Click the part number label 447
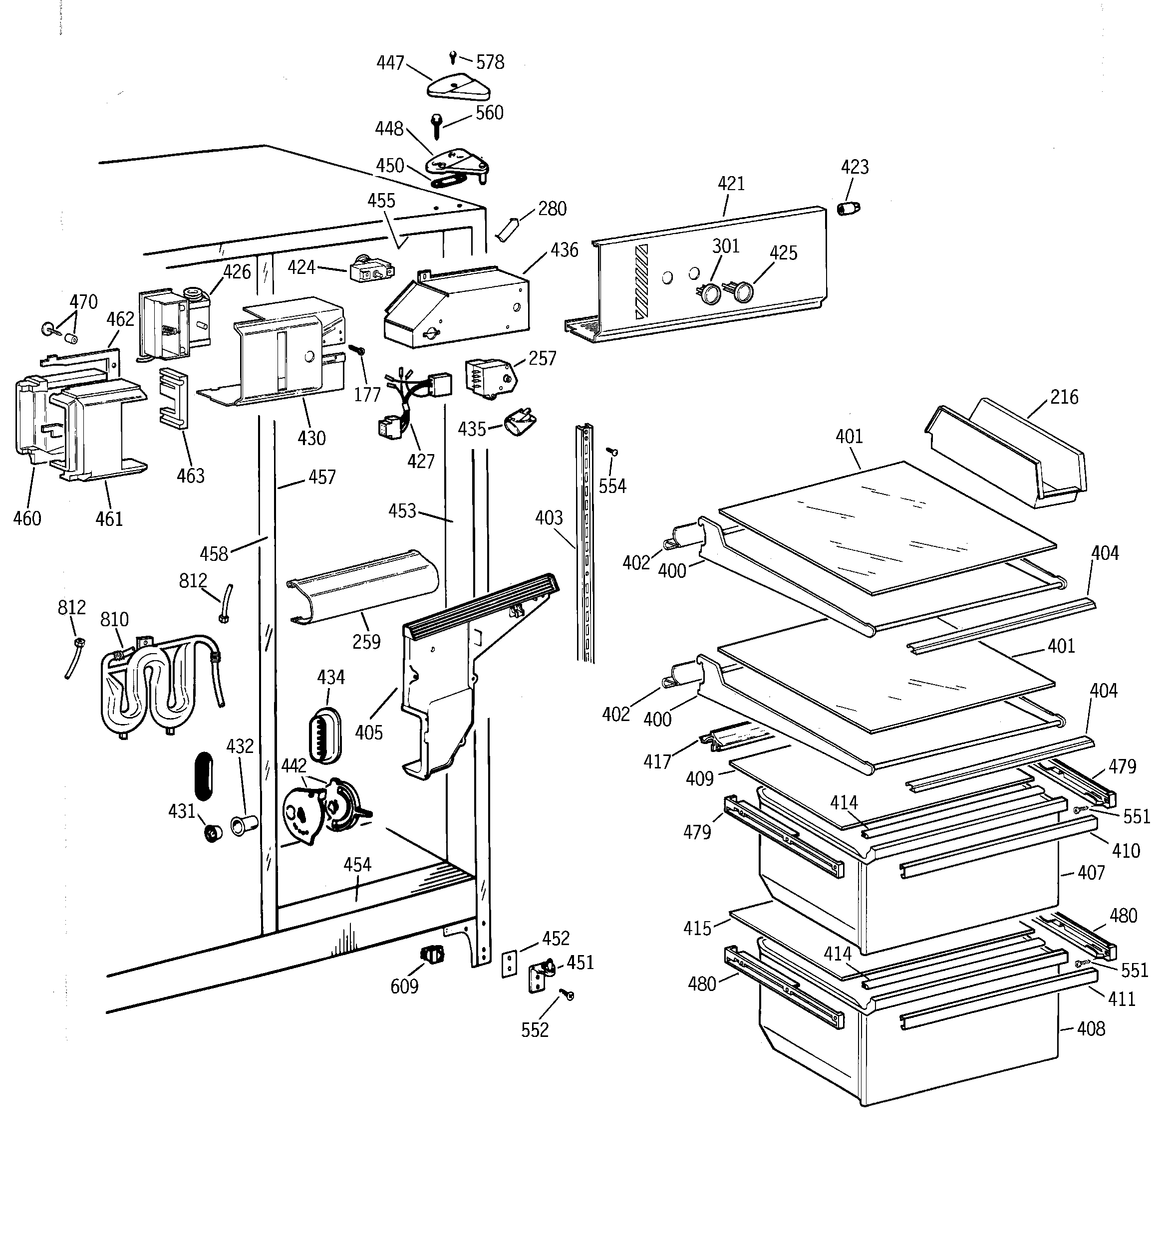tap(390, 63)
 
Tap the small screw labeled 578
tap(453, 58)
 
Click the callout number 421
tap(731, 184)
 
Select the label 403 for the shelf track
tap(549, 518)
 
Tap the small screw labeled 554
tap(612, 452)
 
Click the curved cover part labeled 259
tap(364, 585)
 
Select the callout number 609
tap(404, 987)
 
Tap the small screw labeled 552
tap(567, 994)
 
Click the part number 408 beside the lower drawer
tap(1091, 1029)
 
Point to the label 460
tap(27, 518)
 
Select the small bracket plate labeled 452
tap(510, 964)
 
